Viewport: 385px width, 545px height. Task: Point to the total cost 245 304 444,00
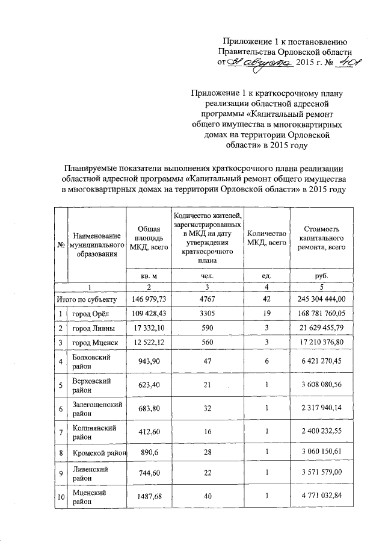click(327, 299)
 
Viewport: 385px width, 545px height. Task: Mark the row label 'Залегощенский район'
click(96, 410)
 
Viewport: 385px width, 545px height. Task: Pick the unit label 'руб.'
click(327, 276)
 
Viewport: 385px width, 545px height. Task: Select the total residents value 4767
click(207, 299)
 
